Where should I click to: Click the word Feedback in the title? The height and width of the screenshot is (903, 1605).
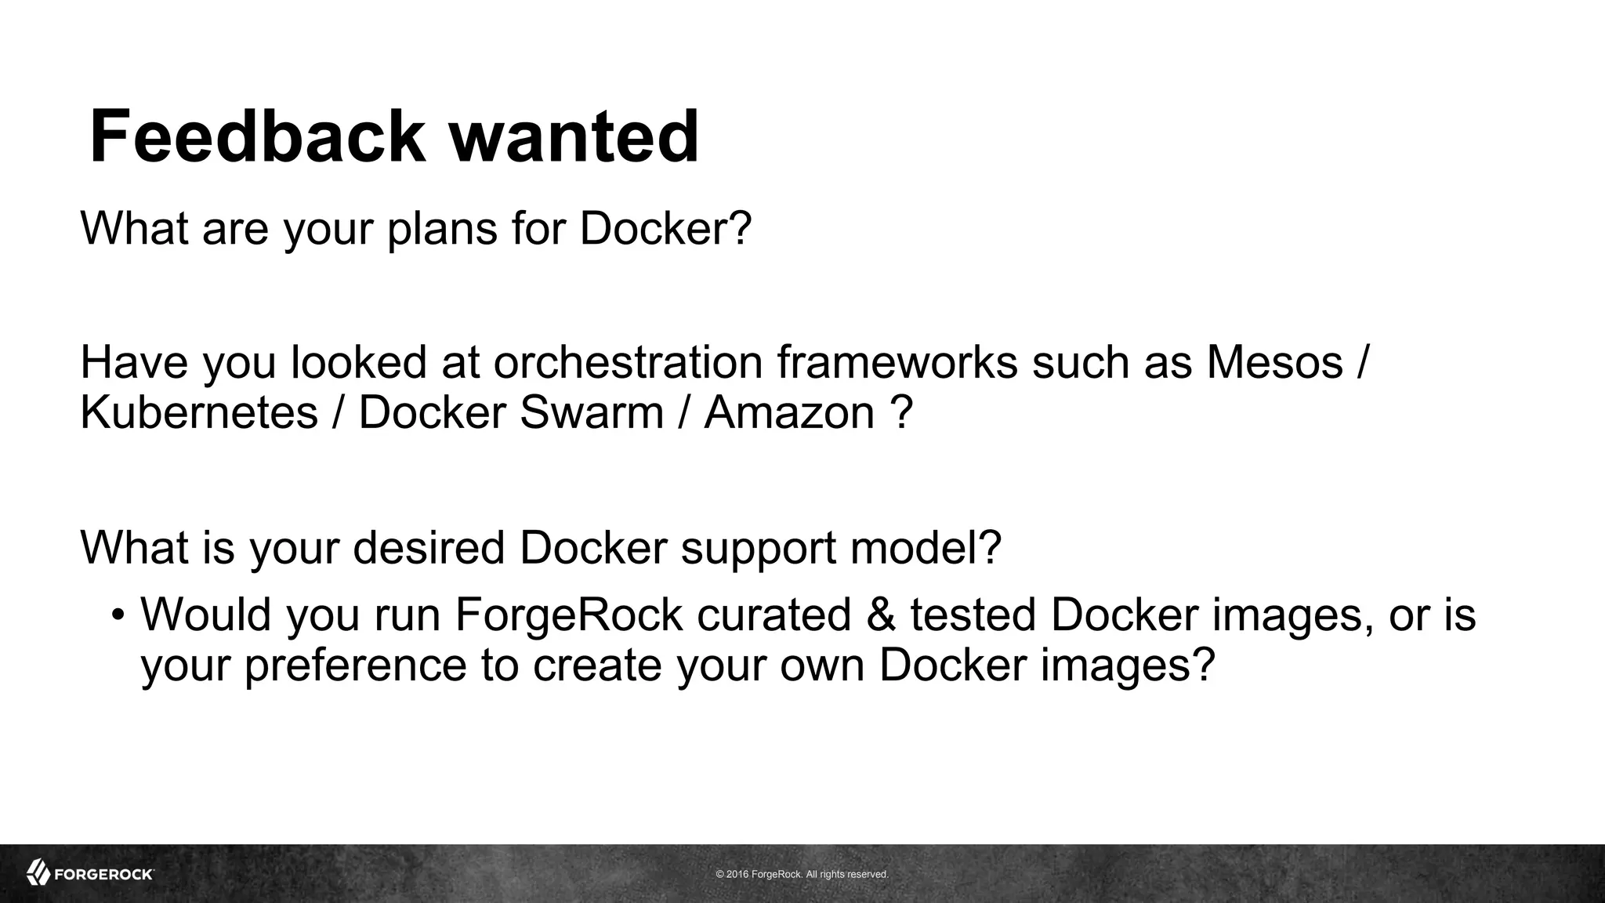coord(256,137)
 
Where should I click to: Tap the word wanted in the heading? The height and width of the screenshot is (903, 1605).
coord(573,137)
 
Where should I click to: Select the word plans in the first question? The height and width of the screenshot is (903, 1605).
coord(443,229)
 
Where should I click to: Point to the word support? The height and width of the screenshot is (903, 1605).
coord(758,549)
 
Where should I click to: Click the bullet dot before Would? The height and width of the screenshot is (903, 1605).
coord(118,615)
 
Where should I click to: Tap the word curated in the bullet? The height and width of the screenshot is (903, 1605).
coord(774,615)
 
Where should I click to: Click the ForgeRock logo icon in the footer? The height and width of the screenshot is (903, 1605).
coord(38,872)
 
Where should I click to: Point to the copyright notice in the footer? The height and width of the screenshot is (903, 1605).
coord(802,874)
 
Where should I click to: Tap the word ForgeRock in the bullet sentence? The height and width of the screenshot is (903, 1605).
coord(569,615)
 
